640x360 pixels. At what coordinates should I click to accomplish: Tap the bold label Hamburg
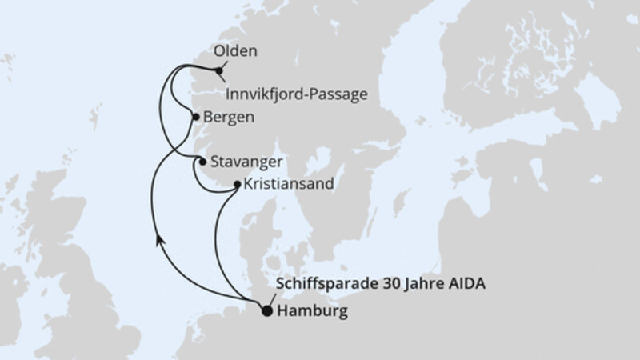pyautogui.click(x=312, y=312)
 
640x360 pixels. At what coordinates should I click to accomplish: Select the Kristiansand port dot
pyautogui.click(x=237, y=185)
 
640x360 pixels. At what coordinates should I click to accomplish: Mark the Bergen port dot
pyautogui.click(x=196, y=117)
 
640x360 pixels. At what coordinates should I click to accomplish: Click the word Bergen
pyautogui.click(x=230, y=117)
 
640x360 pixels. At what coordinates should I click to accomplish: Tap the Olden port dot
pyautogui.click(x=219, y=70)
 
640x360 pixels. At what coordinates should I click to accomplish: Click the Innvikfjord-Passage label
pyautogui.click(x=297, y=94)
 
